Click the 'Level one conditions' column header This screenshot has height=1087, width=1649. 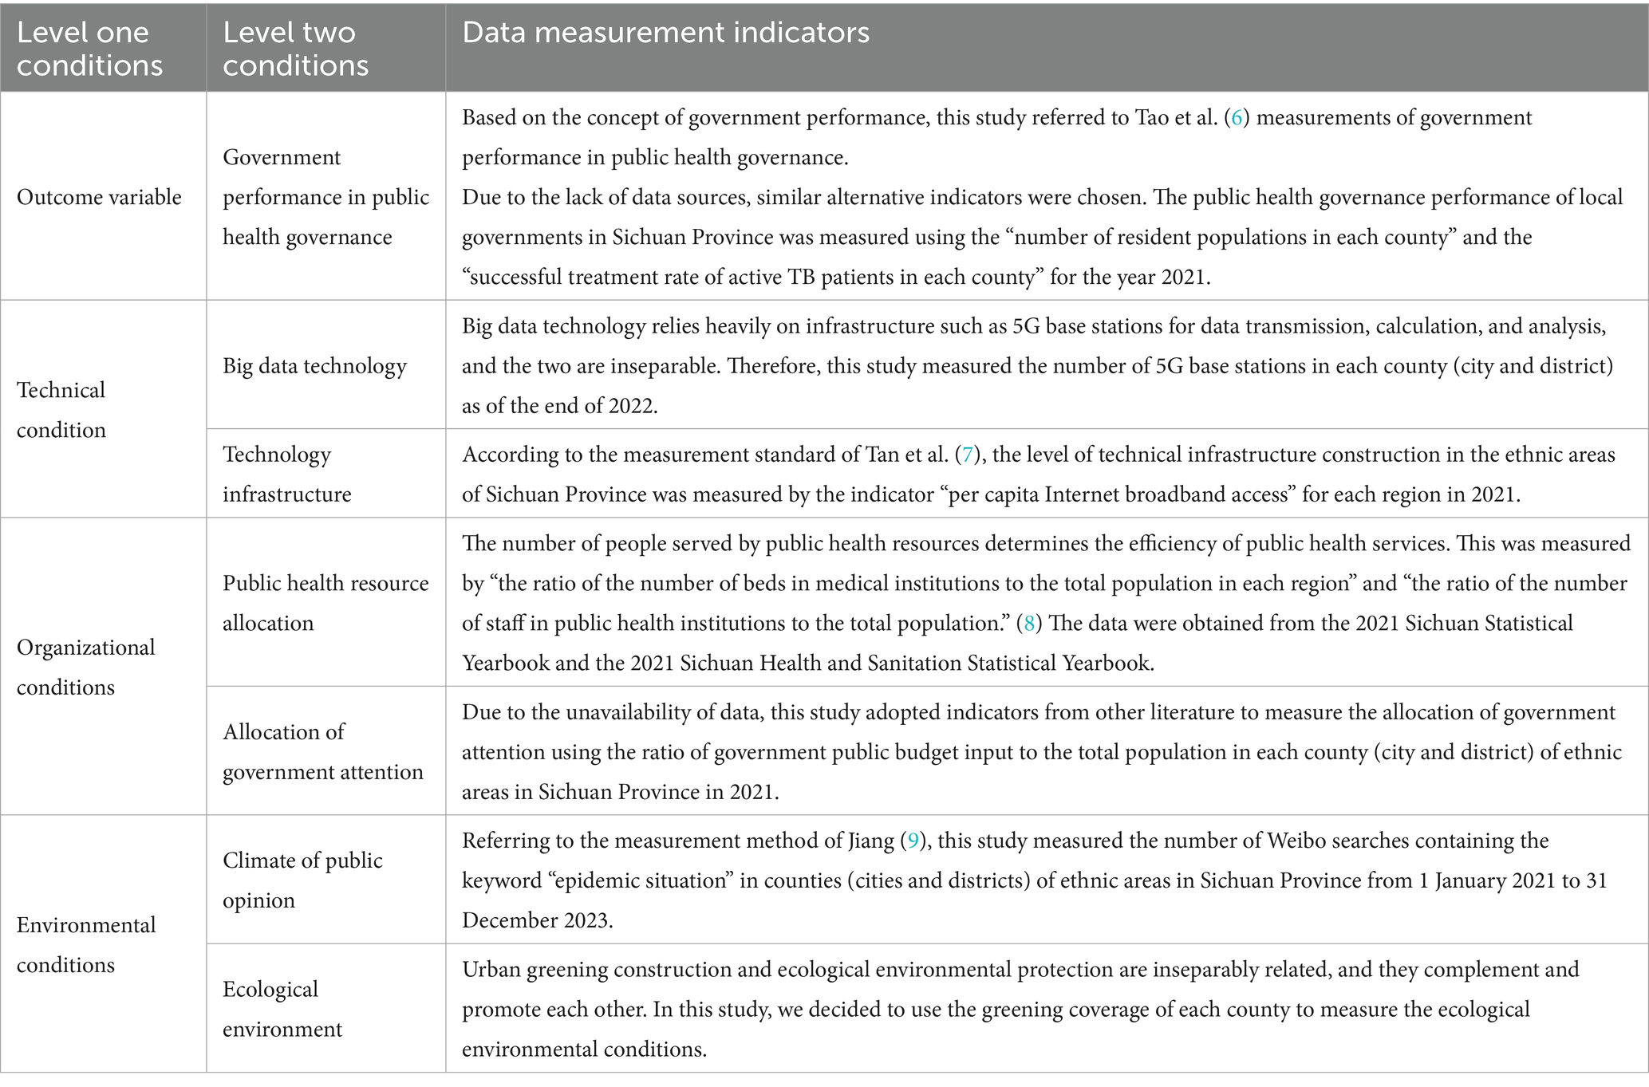click(x=89, y=49)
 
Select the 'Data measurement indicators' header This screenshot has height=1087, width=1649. click(x=665, y=33)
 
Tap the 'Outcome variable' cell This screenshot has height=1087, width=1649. click(x=99, y=197)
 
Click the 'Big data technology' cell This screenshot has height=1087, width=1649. click(x=314, y=366)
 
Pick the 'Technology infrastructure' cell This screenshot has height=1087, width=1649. click(x=286, y=474)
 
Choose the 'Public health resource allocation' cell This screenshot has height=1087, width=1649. click(x=325, y=603)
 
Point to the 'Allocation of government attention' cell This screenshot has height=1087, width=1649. click(x=322, y=751)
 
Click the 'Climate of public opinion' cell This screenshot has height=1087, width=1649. click(x=302, y=880)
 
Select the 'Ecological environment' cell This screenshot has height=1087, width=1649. click(x=282, y=1009)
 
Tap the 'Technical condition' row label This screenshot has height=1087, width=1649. click(x=61, y=410)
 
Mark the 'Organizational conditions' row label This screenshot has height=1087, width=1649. click(x=85, y=667)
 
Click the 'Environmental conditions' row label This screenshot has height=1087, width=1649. click(x=86, y=944)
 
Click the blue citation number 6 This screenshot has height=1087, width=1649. click(x=1237, y=118)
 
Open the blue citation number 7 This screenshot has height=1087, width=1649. click(x=967, y=455)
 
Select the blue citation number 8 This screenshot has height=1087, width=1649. click(x=1029, y=624)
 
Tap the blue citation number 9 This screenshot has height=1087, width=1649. click(x=913, y=841)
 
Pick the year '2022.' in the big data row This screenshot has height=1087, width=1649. click(x=633, y=406)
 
